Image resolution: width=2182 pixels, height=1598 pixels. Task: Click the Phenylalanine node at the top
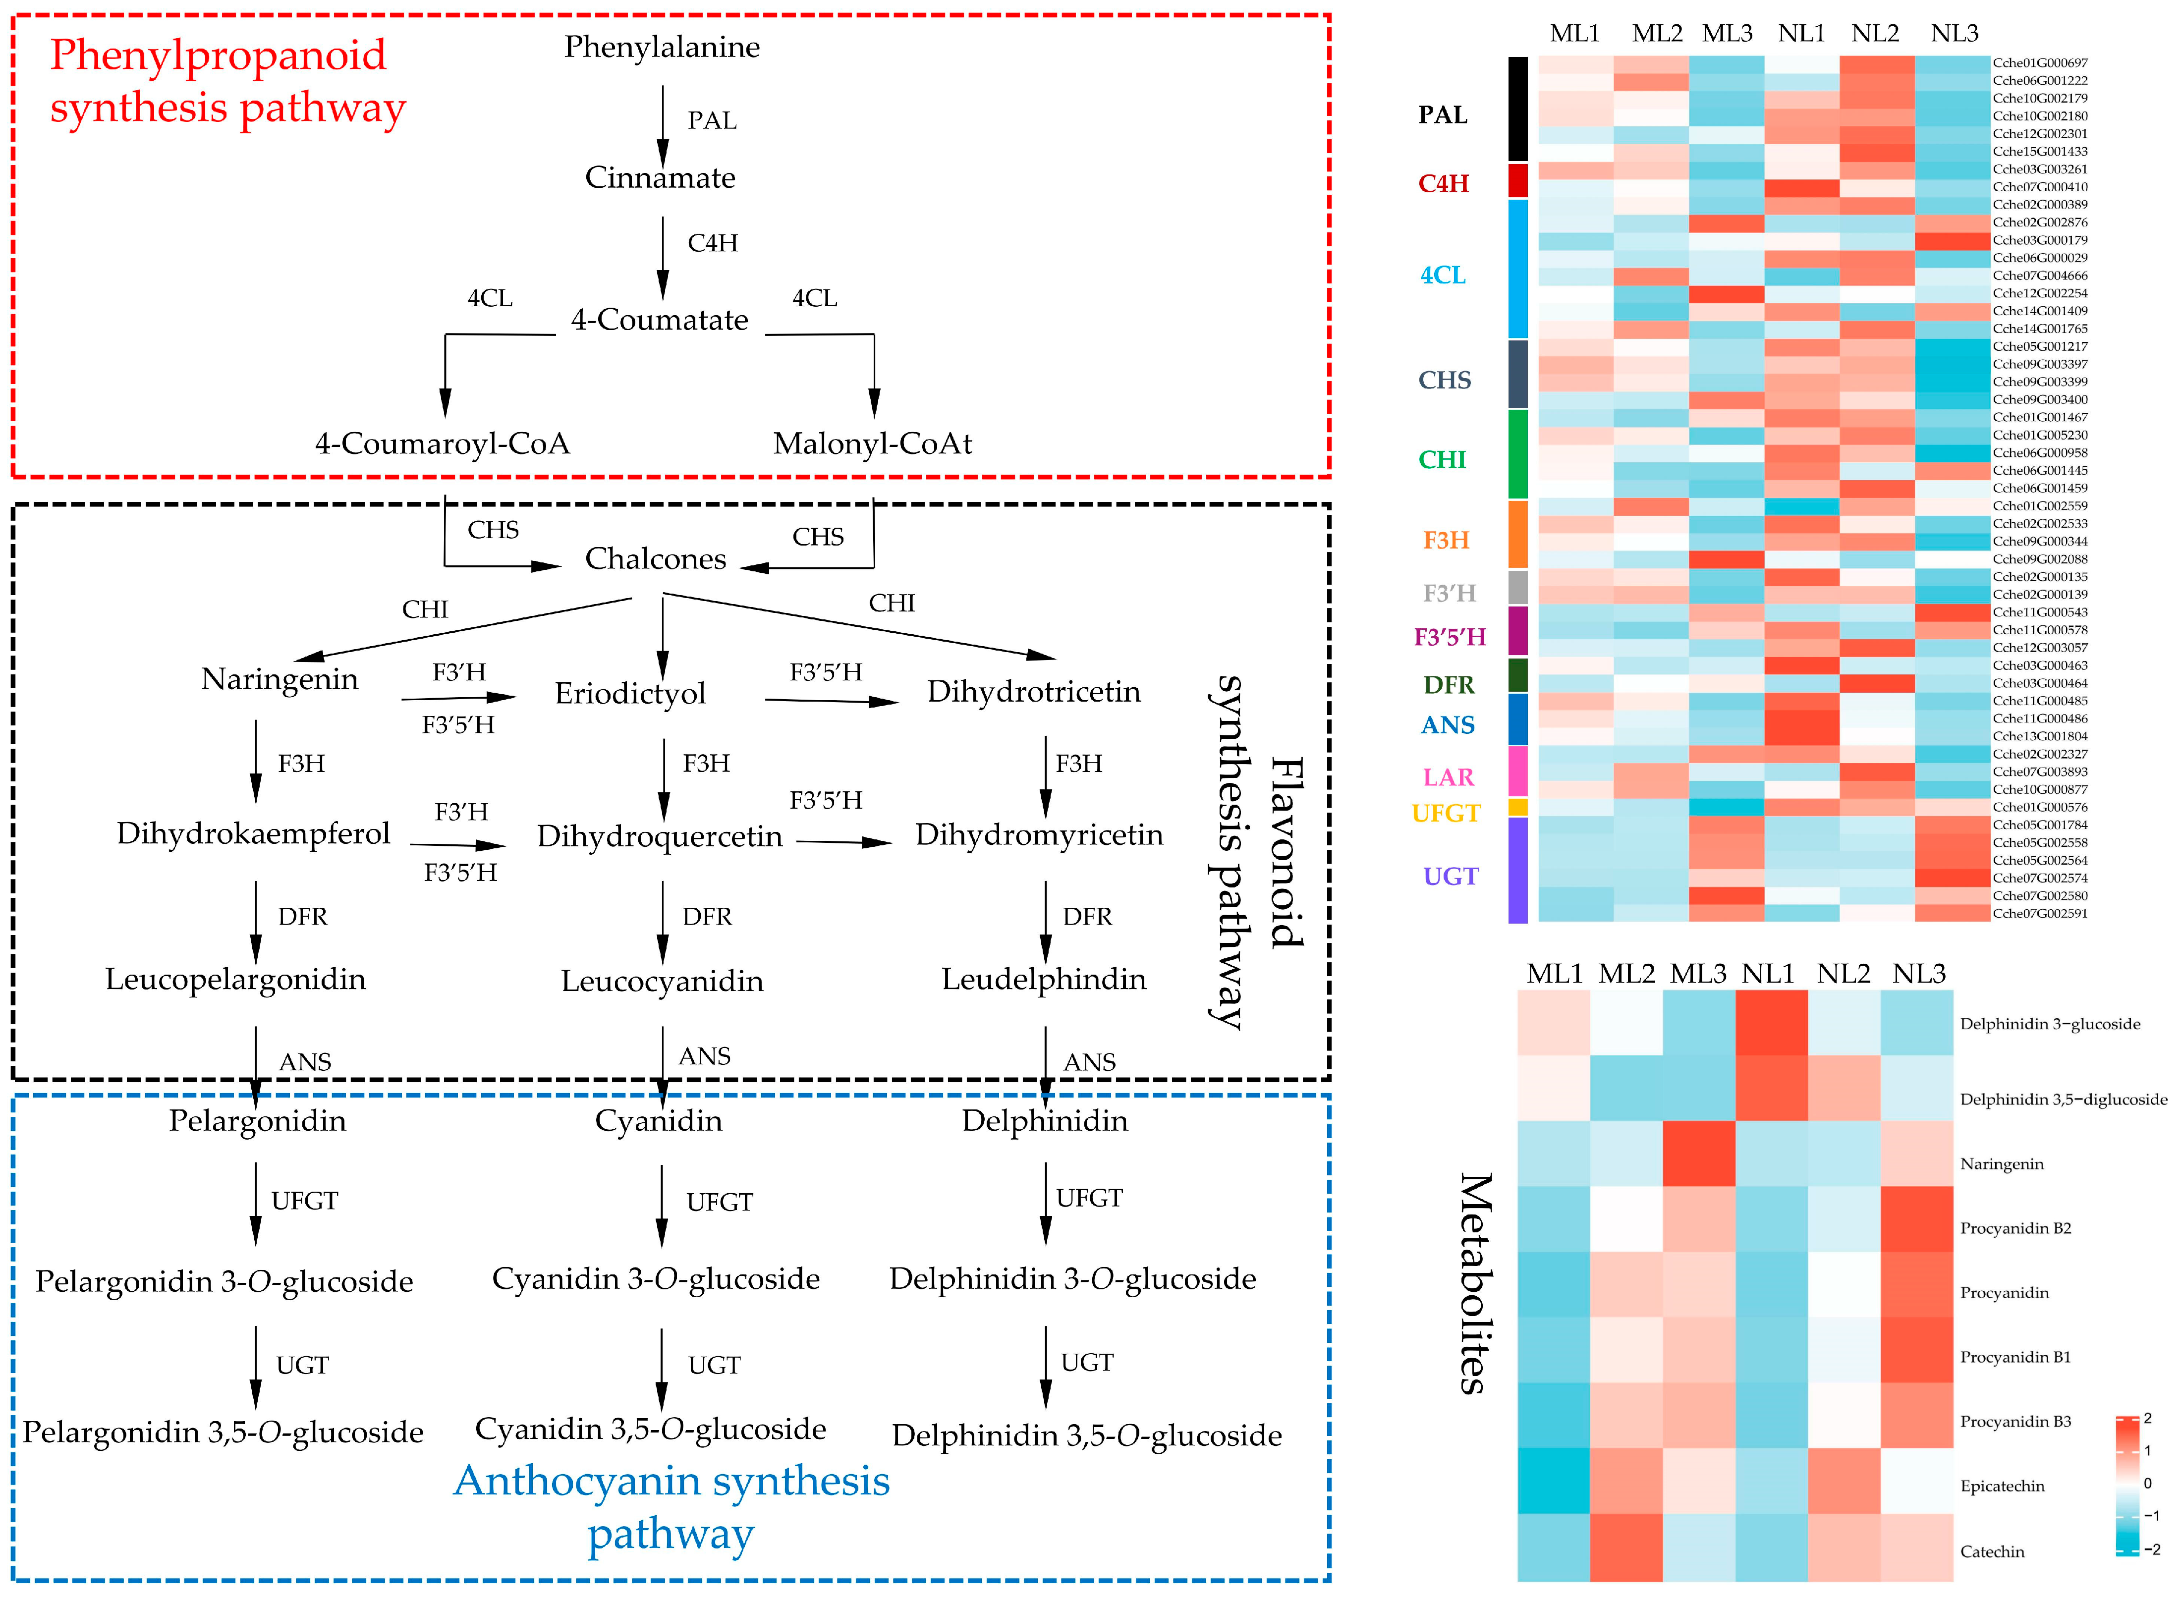(662, 47)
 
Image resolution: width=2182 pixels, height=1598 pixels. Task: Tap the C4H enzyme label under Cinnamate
(713, 243)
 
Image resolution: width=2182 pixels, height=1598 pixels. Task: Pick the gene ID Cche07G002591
(2040, 913)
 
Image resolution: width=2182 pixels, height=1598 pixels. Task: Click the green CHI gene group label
(1442, 459)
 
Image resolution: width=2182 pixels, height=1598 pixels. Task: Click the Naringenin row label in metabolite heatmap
(2001, 1163)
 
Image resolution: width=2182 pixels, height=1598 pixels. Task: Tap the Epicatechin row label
(2002, 1486)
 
